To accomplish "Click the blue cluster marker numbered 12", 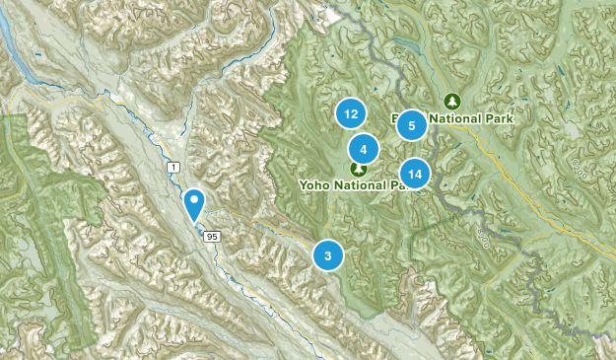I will click(350, 114).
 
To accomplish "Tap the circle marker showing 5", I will click(411, 125).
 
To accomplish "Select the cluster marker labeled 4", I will click(364, 150).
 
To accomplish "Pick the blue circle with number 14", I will click(416, 175).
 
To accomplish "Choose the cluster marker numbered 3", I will click(328, 255).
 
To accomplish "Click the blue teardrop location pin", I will click(195, 202).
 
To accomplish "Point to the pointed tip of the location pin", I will click(195, 220).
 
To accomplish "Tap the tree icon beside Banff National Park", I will click(452, 101).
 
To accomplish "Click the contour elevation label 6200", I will click(579, 174).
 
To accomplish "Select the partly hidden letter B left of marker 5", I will click(396, 119).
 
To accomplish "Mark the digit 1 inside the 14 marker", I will click(411, 175).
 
